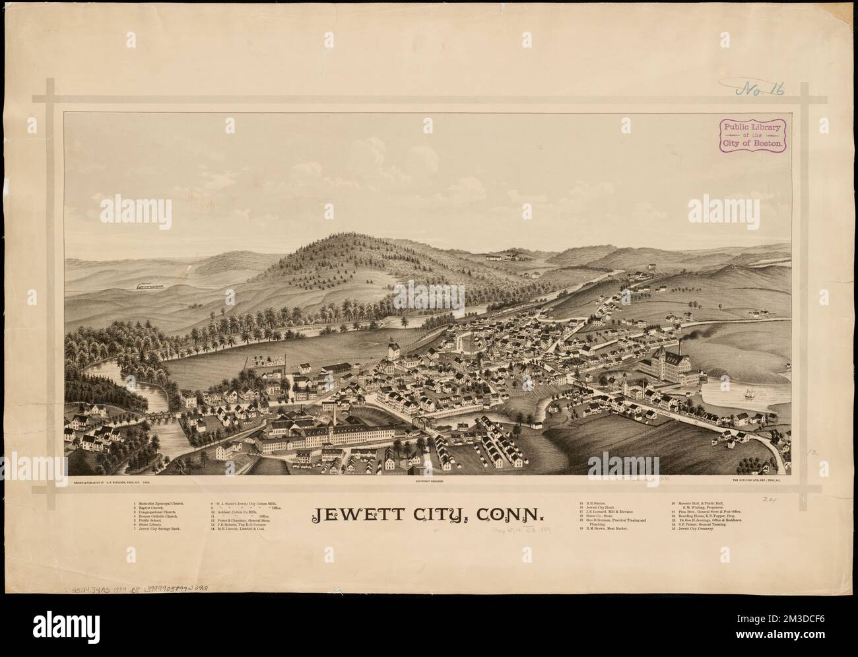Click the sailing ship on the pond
[748, 394]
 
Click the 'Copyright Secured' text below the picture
[429, 483]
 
